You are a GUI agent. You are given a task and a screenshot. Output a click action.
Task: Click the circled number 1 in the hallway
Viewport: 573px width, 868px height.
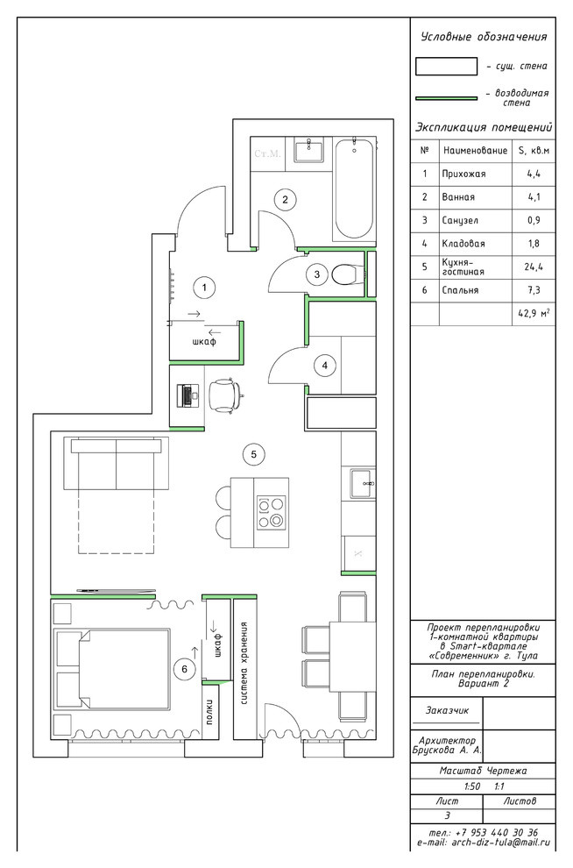205,287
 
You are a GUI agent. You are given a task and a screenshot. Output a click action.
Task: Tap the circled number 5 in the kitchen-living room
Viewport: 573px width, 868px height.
254,454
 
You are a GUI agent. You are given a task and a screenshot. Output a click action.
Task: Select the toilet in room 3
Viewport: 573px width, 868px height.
347,274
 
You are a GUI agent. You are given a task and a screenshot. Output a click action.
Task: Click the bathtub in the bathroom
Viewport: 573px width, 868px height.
355,189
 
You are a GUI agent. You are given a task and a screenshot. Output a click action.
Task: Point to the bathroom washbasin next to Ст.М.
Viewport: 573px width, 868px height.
309,149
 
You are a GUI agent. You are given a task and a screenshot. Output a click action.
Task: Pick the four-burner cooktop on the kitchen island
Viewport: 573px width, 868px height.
271,513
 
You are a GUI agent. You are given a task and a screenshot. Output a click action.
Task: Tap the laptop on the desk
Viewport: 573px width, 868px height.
187,395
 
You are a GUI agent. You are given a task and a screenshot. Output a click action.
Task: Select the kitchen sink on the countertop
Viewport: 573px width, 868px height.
362,484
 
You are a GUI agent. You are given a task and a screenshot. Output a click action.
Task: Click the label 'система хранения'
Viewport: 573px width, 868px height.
244,663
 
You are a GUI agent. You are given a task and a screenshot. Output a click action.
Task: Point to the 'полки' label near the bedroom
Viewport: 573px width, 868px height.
210,712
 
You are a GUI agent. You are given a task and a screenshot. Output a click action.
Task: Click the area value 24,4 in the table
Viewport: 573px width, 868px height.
534,267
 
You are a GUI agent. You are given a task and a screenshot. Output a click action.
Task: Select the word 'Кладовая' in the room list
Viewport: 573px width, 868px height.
463,244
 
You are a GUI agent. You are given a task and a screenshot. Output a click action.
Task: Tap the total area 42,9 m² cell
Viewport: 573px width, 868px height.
534,313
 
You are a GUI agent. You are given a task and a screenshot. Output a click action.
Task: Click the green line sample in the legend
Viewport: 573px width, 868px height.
446,98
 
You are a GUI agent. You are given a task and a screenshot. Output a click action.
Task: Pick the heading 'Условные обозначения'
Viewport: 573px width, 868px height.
484,37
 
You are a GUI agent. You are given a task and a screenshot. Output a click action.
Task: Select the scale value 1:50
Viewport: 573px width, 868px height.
471,786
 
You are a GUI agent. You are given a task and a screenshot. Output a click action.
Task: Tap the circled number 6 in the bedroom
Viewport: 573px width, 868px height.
184,669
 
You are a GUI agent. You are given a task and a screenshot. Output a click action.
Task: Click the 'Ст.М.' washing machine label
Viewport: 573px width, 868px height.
268,153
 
